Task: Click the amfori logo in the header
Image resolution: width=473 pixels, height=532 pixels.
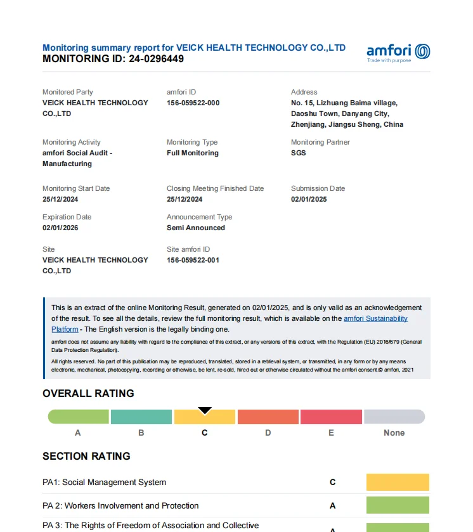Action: point(398,52)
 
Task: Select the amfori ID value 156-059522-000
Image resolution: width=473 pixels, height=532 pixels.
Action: point(193,103)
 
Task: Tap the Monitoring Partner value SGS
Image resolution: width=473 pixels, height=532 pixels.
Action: point(298,153)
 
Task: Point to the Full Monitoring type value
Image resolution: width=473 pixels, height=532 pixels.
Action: point(192,153)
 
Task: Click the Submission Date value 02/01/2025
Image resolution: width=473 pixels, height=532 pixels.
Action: point(309,199)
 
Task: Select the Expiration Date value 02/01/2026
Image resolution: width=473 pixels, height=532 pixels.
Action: point(60,228)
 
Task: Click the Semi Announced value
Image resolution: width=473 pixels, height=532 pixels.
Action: point(195,228)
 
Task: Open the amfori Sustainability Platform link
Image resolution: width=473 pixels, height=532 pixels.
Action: point(375,318)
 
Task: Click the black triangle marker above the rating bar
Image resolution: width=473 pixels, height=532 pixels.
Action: point(205,410)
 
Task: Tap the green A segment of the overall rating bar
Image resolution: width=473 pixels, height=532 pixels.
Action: point(79,417)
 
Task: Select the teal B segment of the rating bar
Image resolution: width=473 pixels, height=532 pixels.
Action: point(141,417)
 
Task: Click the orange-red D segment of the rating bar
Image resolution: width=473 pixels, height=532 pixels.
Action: point(268,417)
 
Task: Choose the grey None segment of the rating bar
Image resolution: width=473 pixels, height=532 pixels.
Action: point(394,417)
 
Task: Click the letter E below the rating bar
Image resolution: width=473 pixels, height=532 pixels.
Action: point(331,432)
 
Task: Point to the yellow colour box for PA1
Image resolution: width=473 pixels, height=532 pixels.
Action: point(398,482)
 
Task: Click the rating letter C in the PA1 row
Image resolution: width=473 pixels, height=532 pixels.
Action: point(332,482)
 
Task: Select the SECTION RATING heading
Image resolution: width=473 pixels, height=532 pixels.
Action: point(86,456)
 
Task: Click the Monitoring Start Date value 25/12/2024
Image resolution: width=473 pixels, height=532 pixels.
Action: point(60,199)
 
